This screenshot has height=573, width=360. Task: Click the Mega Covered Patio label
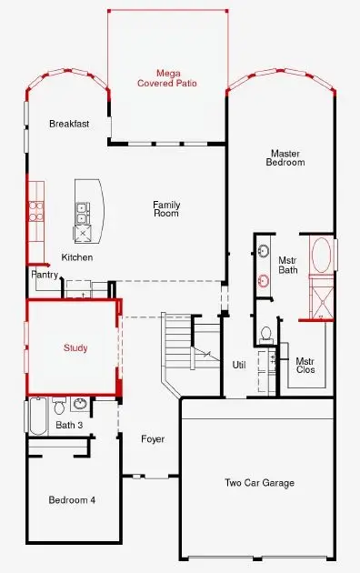coord(166,77)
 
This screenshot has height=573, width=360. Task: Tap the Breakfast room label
coord(69,124)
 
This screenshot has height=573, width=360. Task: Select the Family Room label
coord(166,209)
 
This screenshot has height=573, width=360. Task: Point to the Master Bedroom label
coord(285,157)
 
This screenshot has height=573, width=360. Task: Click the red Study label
coord(75,348)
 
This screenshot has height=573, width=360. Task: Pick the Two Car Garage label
coord(259,483)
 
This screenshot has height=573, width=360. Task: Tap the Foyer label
coord(153,439)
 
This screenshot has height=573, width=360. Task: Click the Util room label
coord(239,365)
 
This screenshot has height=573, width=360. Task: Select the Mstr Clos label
coord(305,366)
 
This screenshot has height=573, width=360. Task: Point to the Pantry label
coord(45,274)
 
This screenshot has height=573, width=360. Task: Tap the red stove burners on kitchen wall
coord(37,211)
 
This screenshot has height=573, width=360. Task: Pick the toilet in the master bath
coord(266,333)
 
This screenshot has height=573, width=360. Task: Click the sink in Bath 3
coord(79,404)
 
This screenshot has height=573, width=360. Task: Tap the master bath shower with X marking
coord(323,299)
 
